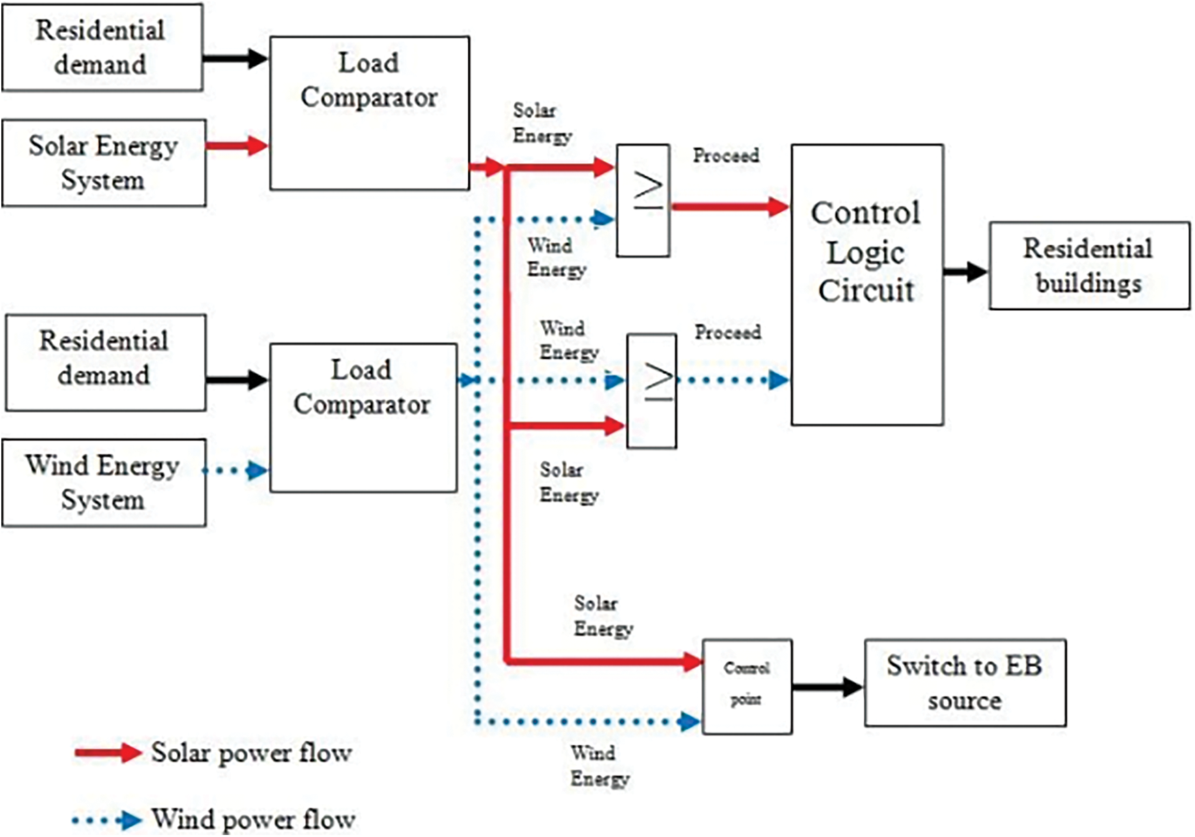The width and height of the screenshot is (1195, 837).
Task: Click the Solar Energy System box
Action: (104, 163)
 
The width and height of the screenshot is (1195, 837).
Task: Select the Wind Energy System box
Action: (104, 482)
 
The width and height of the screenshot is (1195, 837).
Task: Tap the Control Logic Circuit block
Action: (867, 284)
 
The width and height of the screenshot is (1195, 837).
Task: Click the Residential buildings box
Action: (1089, 266)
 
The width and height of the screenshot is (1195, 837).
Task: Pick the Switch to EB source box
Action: (964, 683)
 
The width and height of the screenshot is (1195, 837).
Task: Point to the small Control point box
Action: (747, 686)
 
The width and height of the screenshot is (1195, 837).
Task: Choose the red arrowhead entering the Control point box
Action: (691, 661)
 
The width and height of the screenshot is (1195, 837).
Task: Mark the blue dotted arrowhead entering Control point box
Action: (690, 721)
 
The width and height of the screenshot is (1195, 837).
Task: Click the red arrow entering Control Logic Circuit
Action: (731, 206)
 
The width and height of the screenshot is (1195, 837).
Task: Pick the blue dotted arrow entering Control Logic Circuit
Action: (734, 380)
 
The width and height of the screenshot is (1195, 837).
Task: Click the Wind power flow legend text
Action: (253, 819)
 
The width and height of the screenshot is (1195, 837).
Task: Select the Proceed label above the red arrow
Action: (726, 156)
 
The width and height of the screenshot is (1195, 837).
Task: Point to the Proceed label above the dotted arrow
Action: (728, 333)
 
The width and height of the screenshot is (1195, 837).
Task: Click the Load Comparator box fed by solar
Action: (369, 113)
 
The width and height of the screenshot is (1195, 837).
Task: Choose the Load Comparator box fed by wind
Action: (363, 417)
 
